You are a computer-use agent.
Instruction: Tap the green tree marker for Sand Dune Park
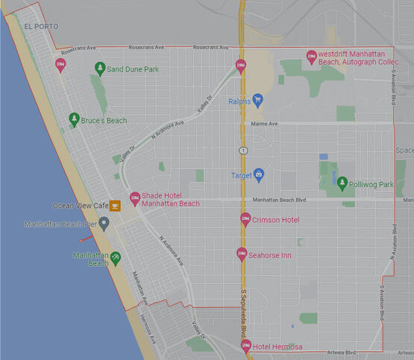click(100, 69)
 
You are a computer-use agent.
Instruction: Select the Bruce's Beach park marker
click(74, 119)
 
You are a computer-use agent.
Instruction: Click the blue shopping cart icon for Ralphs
click(257, 100)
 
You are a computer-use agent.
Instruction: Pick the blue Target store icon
click(259, 175)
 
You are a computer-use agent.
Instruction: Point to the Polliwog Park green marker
click(342, 183)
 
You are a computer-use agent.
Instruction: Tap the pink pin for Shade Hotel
click(135, 199)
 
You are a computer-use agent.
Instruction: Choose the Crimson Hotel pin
click(245, 219)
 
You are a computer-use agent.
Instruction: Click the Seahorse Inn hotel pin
click(241, 254)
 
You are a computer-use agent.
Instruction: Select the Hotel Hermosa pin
click(246, 346)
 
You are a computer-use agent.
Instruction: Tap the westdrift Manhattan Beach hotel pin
click(312, 57)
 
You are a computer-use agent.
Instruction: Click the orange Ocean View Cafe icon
click(115, 205)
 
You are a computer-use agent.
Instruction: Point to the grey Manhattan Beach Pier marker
click(104, 224)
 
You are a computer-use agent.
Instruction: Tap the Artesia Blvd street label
click(342, 352)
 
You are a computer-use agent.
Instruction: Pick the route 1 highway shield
click(243, 151)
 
